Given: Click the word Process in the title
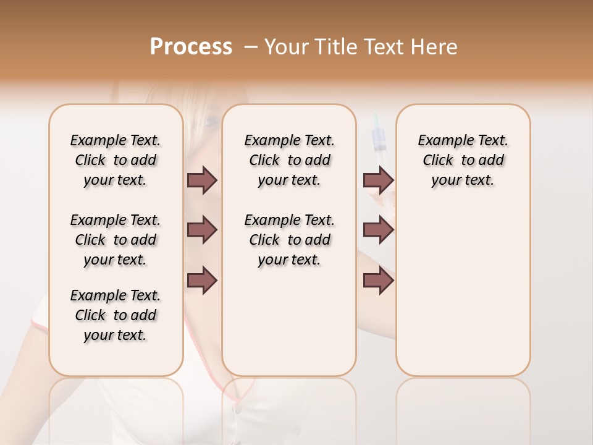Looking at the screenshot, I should point(191,47).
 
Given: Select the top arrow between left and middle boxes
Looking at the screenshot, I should point(202,180).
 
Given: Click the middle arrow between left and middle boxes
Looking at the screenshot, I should point(202,231).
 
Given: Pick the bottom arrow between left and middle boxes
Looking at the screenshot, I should point(202,281).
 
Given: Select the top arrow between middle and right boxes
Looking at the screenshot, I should point(378,180).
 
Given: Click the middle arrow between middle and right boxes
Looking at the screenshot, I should point(378,231).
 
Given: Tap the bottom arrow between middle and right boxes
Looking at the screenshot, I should point(378,281).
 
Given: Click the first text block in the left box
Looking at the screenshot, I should point(116,160).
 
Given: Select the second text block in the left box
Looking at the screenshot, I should point(116,240).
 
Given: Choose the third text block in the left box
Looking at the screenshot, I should point(116,315).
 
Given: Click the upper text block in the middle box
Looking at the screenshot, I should point(290,160).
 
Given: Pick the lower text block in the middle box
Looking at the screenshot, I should point(290,240).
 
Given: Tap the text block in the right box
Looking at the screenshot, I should point(463,160).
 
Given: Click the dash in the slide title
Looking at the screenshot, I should point(251,47).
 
